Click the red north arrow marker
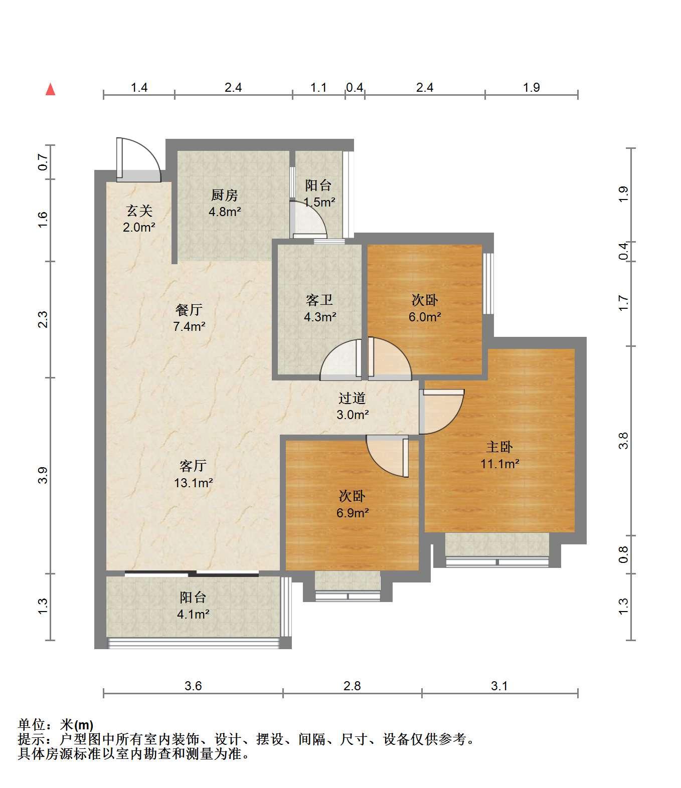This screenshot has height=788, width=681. [50, 90]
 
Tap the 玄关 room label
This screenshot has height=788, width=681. [139, 211]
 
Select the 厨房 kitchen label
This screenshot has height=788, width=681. [225, 195]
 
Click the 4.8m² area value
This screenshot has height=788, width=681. [225, 212]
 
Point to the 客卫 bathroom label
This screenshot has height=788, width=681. [319, 300]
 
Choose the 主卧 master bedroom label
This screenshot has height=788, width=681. [499, 447]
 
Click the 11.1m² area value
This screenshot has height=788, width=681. [499, 464]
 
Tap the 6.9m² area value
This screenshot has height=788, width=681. [353, 513]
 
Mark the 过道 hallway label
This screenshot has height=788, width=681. [352, 398]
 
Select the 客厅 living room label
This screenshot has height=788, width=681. [193, 466]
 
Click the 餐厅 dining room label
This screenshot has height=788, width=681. [189, 310]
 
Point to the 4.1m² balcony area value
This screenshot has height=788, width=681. [193, 614]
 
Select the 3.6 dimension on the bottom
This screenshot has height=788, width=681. [193, 686]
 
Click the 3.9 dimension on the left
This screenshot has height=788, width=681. [43, 475]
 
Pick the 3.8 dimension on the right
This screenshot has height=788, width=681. [623, 441]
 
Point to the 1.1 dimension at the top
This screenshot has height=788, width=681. [318, 88]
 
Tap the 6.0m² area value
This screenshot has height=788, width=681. [425, 317]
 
